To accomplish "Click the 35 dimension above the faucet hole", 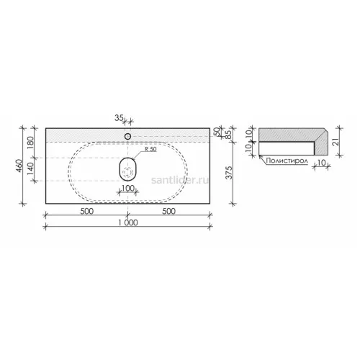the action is click(x=119, y=118).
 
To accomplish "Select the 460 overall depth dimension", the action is click(x=19, y=166).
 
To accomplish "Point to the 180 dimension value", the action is click(x=31, y=143).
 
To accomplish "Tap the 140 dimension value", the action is click(x=31, y=168).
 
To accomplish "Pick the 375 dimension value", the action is click(x=230, y=173).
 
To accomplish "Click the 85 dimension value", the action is click(x=228, y=133).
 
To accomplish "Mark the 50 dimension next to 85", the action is click(x=217, y=132).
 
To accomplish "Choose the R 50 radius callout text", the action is click(x=150, y=149).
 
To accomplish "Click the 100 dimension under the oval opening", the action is click(x=128, y=188).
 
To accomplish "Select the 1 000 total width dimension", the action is click(x=128, y=222).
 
